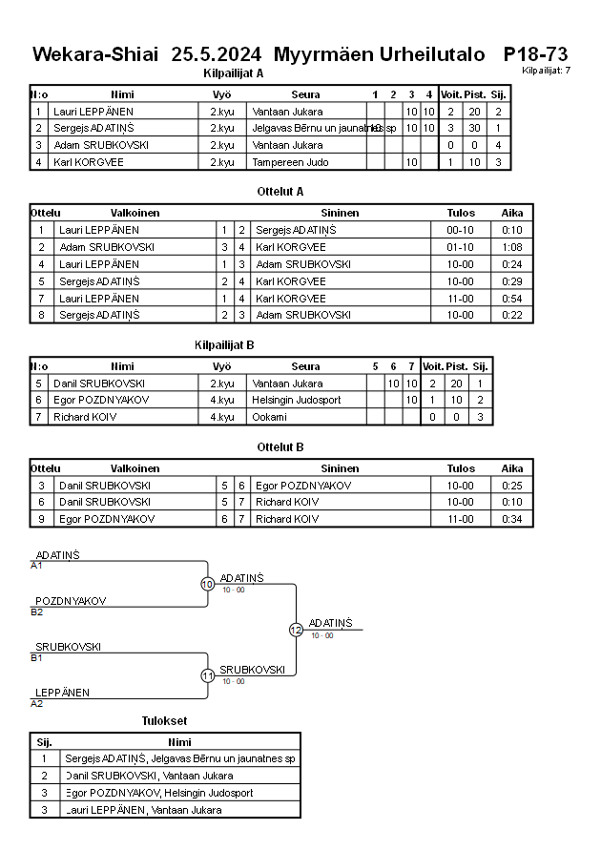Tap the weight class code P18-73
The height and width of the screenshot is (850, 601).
(536, 53)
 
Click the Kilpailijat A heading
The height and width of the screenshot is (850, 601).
(234, 73)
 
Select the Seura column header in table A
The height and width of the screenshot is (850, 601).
(305, 94)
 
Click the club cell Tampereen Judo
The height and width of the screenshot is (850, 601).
(290, 162)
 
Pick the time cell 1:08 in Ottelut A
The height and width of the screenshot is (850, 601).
(512, 246)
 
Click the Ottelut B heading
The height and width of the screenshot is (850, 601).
(280, 446)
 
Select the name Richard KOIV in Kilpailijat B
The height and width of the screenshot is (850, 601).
(77, 417)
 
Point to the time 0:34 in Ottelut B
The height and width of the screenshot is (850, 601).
(512, 519)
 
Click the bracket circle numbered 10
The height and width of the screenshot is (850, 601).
(207, 584)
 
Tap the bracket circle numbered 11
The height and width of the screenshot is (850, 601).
(207, 675)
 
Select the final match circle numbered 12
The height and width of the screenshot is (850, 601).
(296, 630)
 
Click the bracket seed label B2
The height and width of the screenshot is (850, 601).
(37, 612)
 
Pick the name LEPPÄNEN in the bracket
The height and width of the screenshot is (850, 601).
(63, 693)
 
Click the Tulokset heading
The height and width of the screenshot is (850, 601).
(165, 720)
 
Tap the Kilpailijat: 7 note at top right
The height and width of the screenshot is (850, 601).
(547, 71)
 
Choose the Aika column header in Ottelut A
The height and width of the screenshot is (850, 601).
(512, 213)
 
